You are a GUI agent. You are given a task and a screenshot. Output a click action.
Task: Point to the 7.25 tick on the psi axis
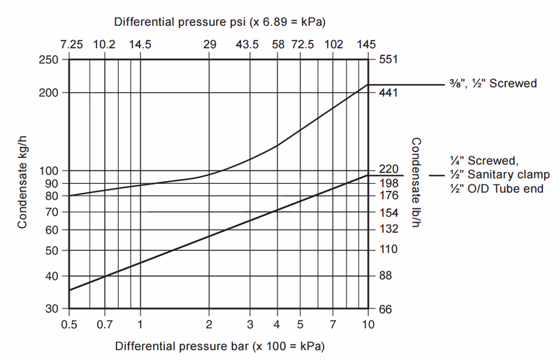(x=71, y=44)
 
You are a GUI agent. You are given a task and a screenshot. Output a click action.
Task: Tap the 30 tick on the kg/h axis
(x=51, y=308)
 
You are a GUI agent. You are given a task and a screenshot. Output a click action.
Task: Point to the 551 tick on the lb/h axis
(x=388, y=60)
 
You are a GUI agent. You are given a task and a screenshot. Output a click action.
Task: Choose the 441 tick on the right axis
(x=388, y=93)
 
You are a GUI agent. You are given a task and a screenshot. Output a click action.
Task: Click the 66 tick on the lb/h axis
(x=385, y=308)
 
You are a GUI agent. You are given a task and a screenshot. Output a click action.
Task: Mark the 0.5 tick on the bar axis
(x=69, y=324)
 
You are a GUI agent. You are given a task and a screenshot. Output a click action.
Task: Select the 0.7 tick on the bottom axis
(x=104, y=324)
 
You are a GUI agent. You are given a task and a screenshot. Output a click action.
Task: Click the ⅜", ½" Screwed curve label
(x=493, y=84)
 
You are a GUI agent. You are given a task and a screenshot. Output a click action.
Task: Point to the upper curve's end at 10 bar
(x=368, y=85)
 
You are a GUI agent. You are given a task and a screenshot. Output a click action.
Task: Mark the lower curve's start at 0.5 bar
(x=69, y=290)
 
